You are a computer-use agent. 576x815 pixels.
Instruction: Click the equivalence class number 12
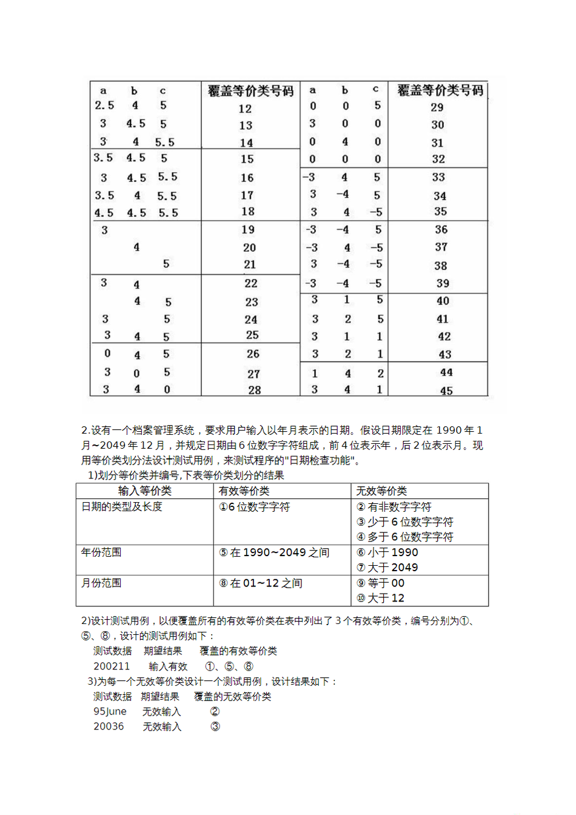pyautogui.click(x=245, y=109)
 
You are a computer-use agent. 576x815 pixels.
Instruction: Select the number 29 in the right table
pyautogui.click(x=437, y=108)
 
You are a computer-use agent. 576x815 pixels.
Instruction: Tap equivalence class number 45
pyautogui.click(x=446, y=391)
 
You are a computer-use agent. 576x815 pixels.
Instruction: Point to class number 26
pyautogui.click(x=253, y=354)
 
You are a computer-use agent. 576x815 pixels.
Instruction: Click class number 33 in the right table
pyautogui.click(x=438, y=178)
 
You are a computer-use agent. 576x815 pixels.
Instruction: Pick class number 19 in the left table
pyautogui.click(x=248, y=230)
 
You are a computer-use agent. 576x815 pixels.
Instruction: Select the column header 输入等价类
pyautogui.click(x=144, y=491)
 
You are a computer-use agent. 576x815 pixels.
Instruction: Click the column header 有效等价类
pyautogui.click(x=244, y=491)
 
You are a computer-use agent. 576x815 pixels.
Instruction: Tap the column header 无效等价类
pyautogui.click(x=381, y=491)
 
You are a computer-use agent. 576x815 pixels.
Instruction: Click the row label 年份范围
pyautogui.click(x=101, y=552)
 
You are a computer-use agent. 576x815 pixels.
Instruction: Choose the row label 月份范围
pyautogui.click(x=101, y=583)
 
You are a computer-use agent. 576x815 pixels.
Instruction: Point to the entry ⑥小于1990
pyautogui.click(x=387, y=552)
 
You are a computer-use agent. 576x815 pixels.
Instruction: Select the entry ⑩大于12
pyautogui.click(x=380, y=599)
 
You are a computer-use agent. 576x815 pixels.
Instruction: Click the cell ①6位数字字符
pyautogui.click(x=254, y=507)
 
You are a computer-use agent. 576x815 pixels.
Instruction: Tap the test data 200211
pyautogui.click(x=112, y=666)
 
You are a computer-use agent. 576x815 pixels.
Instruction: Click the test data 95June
pyautogui.click(x=110, y=712)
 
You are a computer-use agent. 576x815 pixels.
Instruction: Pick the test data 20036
pyautogui.click(x=109, y=726)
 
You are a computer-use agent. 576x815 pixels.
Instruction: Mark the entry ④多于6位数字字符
pyautogui.click(x=404, y=537)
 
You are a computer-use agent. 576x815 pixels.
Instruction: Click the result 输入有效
pyautogui.click(x=168, y=666)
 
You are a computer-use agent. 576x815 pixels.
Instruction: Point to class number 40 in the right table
pyautogui.click(x=443, y=301)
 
